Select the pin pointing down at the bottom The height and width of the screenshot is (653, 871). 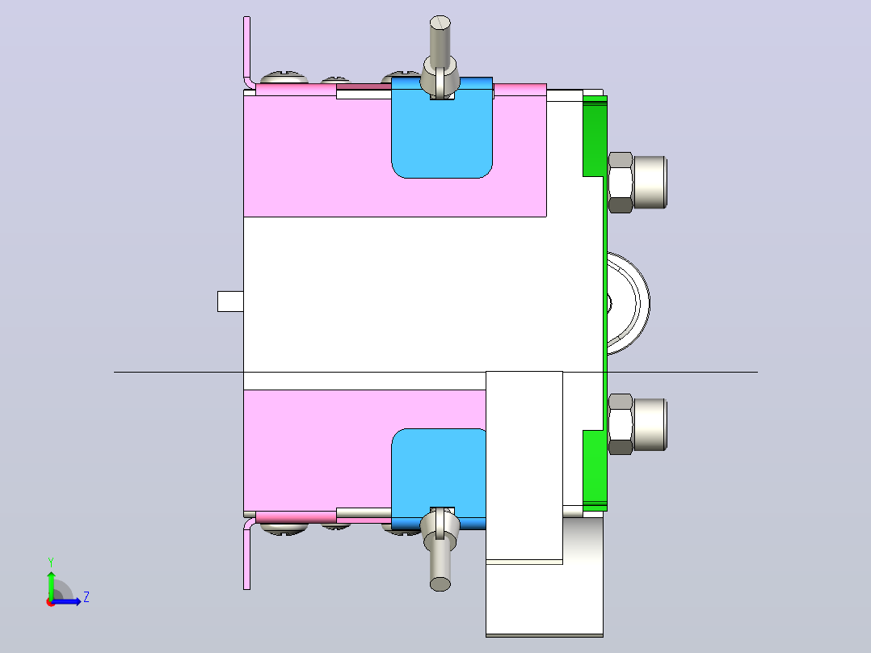pyautogui.click(x=440, y=550)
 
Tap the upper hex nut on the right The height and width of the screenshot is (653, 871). pyautogui.click(x=621, y=183)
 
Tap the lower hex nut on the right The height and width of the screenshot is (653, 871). pyautogui.click(x=621, y=424)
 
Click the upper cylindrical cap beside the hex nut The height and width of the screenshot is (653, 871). pyautogui.click(x=650, y=183)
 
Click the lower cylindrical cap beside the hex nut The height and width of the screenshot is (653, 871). pyautogui.click(x=650, y=424)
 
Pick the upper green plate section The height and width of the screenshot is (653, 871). pyautogui.click(x=595, y=136)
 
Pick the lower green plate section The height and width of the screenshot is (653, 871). pyautogui.click(x=595, y=470)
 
